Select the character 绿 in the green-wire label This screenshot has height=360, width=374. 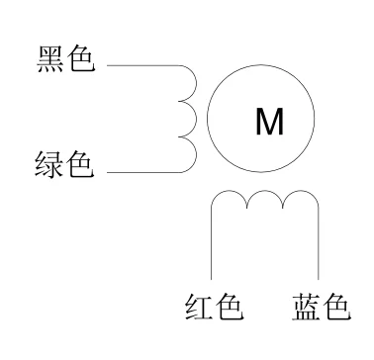[x=48, y=163]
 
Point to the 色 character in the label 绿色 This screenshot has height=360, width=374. [x=80, y=163]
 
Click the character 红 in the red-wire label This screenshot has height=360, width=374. [x=198, y=308]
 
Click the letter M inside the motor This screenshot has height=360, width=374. [x=269, y=122]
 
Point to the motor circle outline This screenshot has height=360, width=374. [x=208, y=122]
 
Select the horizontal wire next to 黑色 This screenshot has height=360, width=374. [x=139, y=66]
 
